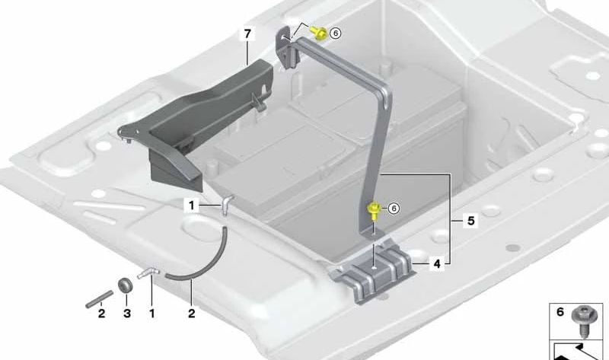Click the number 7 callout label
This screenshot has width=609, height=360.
pyautogui.click(x=246, y=33)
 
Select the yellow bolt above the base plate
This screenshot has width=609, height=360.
pyautogui.click(x=374, y=209)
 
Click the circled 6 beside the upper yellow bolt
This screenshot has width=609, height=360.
pyautogui.click(x=336, y=33)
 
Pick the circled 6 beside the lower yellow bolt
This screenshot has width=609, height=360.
pyautogui.click(x=394, y=208)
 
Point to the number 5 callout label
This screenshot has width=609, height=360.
pyautogui.click(x=470, y=221)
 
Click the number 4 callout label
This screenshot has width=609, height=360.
pyautogui.click(x=436, y=265)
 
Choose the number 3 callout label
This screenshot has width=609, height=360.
pyautogui.click(x=126, y=313)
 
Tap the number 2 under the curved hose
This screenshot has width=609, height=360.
pyautogui.click(x=192, y=313)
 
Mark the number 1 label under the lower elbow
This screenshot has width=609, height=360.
pyautogui.click(x=151, y=313)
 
